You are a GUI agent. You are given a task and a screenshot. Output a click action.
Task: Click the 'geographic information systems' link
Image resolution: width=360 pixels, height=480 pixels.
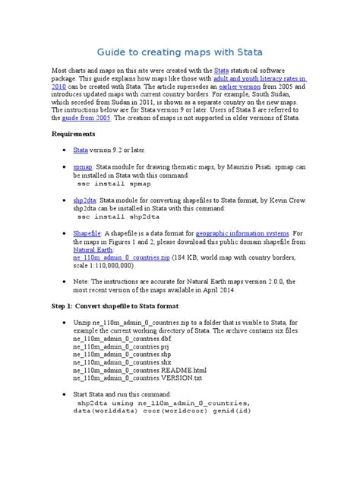(x=242, y=233)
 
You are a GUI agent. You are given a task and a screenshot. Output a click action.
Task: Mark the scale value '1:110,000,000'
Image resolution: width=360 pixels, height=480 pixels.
(x=104, y=267)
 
